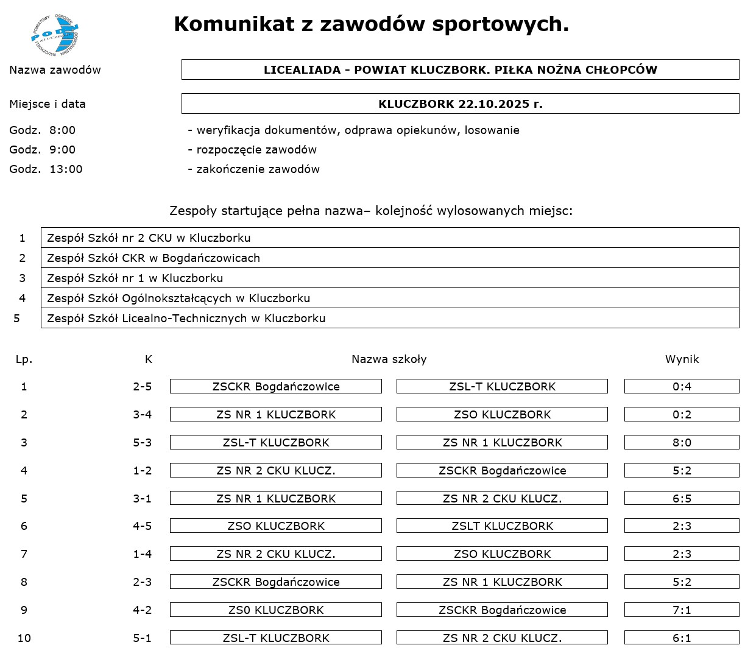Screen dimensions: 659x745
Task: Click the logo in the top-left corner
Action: pos(55,34)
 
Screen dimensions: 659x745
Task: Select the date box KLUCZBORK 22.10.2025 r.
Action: pos(460,104)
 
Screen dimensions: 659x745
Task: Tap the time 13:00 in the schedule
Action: pos(66,169)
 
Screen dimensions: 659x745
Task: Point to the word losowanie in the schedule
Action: pos(492,130)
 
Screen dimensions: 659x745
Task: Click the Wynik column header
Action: pos(682,359)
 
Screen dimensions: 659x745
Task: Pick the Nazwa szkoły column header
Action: pos(389,359)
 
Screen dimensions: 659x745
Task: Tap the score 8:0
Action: pos(682,443)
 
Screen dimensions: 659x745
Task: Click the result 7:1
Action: pos(682,610)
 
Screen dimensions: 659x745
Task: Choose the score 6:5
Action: pos(682,499)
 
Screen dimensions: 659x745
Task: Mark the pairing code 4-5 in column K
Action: pos(143,526)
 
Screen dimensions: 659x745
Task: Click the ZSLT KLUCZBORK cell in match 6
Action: pos(502,526)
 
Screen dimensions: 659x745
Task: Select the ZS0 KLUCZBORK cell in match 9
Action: pos(276,610)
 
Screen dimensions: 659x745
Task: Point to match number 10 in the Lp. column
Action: pos(24,638)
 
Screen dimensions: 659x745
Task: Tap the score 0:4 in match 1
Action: pos(682,387)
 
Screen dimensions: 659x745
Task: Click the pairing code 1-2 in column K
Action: pos(143,471)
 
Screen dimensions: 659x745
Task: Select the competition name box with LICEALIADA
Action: pos(460,69)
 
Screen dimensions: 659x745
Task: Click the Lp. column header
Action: pos(24,359)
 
